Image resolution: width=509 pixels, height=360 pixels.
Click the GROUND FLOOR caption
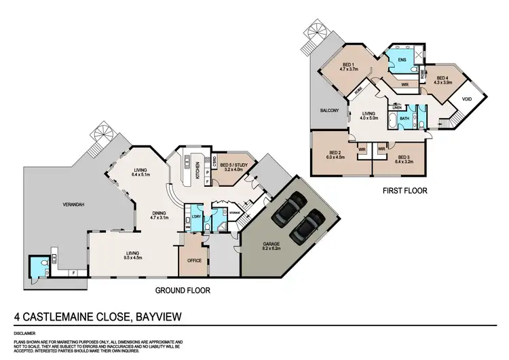coord(183,290)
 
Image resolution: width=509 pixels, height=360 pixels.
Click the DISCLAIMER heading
coord(24,334)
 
